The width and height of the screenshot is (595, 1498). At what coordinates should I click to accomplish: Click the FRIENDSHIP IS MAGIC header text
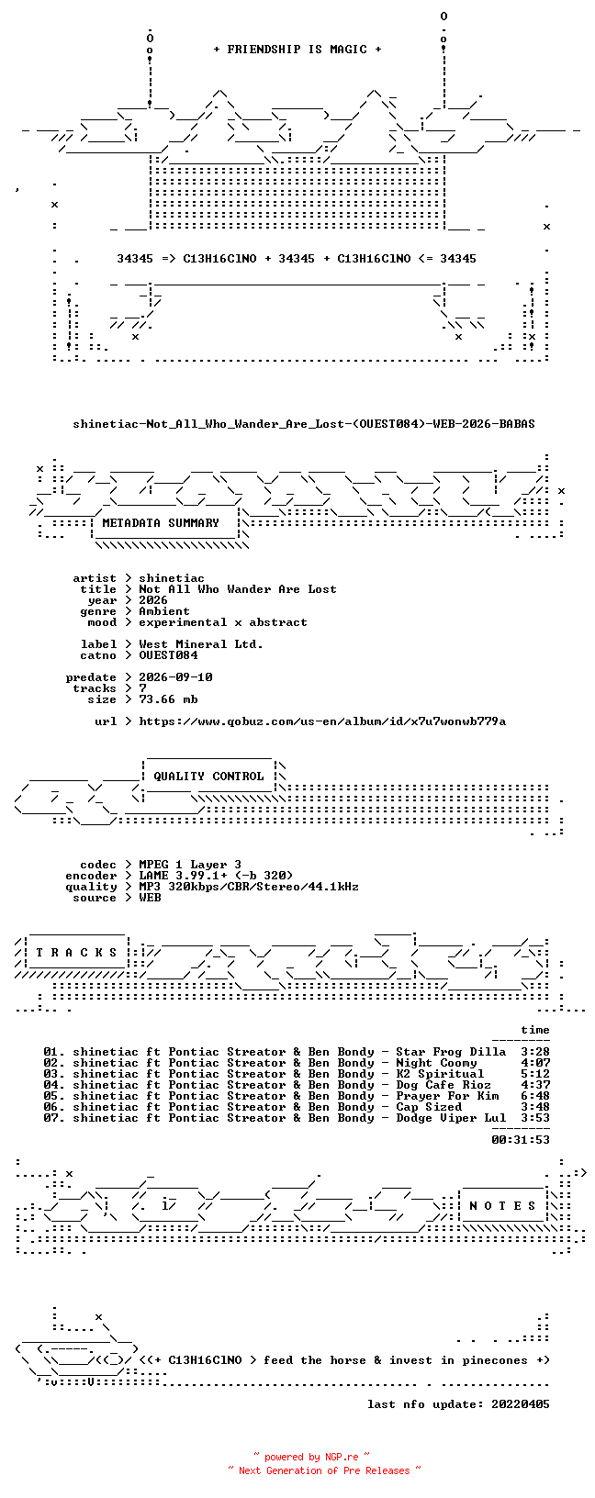tap(297, 50)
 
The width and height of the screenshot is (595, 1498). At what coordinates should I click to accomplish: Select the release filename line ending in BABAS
tap(304, 424)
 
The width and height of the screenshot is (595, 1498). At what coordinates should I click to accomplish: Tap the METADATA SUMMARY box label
tap(161, 523)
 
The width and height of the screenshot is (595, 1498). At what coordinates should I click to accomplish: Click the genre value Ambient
tap(164, 611)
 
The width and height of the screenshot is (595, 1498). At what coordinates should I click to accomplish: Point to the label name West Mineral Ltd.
tap(201, 644)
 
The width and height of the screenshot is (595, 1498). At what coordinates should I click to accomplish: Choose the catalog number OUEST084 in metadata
tap(168, 655)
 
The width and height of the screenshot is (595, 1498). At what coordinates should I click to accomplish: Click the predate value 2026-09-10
tap(175, 677)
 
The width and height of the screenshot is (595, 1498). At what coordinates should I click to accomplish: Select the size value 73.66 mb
tap(168, 699)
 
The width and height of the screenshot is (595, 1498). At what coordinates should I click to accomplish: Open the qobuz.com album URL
tap(322, 721)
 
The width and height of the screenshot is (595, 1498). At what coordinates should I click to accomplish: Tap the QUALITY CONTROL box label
tap(208, 777)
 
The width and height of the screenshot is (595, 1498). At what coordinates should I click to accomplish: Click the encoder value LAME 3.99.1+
tap(183, 876)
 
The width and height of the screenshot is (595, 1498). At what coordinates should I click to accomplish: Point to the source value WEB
tap(150, 898)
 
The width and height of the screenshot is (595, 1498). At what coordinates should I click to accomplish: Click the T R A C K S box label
tap(76, 952)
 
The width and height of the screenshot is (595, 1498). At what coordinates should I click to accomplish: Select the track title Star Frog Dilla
tap(451, 1052)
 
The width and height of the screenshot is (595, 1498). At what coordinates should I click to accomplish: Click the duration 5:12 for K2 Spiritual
tap(535, 1074)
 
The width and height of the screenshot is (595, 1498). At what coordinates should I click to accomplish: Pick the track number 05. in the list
tap(54, 1096)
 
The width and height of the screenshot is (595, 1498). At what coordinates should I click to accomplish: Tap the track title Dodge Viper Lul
tap(451, 1118)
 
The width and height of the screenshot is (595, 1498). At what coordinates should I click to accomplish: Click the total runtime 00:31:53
tap(521, 1140)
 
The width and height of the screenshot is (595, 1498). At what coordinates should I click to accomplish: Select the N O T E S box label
tap(502, 1206)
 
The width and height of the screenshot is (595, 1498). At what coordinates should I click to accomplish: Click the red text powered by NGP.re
tap(311, 1457)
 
